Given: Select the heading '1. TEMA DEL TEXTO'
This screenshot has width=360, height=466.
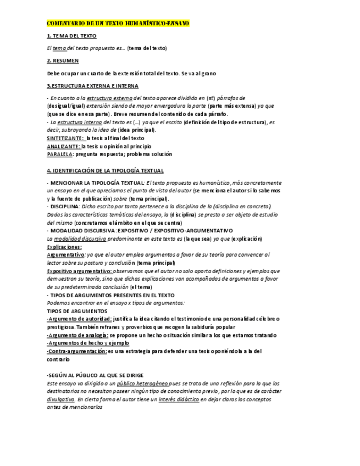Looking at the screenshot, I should click(71, 36).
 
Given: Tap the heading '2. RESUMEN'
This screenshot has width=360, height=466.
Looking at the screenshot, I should click(63, 60).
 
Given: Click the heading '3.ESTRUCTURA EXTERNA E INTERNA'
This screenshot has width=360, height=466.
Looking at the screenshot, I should click(92, 86).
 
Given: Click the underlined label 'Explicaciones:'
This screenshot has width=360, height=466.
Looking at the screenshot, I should click(64, 247).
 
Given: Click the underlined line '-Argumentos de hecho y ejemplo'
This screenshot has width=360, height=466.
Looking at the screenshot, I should click(84, 342).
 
